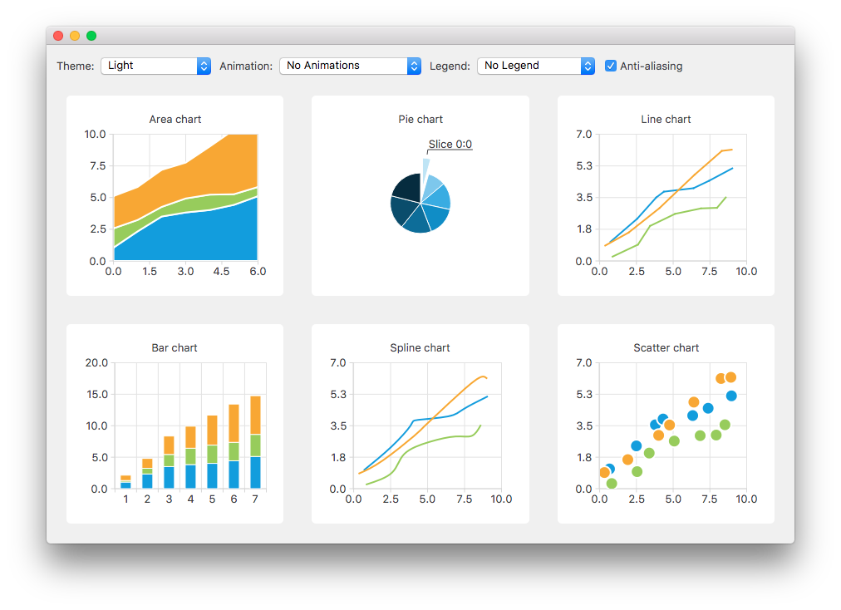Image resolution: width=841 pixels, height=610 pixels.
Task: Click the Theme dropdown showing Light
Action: click(155, 66)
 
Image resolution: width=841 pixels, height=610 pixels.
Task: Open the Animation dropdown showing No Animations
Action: click(350, 66)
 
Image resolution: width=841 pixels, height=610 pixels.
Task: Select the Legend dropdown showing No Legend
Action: click(535, 66)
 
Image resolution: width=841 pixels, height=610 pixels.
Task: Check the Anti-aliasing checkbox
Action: click(611, 66)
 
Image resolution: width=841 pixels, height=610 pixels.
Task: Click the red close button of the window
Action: click(58, 36)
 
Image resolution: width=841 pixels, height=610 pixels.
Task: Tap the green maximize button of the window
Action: click(91, 36)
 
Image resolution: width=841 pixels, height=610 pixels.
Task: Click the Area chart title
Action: click(175, 120)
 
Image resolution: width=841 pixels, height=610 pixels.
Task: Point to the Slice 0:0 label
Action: click(450, 145)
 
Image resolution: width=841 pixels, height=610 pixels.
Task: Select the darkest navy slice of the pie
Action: click(407, 187)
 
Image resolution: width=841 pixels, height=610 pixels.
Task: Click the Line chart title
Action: click(666, 120)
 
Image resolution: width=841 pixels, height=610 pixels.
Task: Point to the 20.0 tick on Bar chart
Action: click(96, 362)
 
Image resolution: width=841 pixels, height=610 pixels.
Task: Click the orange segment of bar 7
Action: click(255, 414)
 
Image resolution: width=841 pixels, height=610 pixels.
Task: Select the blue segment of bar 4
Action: click(190, 476)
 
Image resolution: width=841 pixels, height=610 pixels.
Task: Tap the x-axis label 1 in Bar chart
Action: click(125, 499)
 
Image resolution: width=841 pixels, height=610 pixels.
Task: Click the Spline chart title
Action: click(420, 348)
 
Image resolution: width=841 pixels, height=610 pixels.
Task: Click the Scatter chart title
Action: click(666, 348)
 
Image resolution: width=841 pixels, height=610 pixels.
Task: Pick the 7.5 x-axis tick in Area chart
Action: click(96, 165)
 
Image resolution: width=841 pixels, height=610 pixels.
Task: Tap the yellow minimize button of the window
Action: click(75, 36)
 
